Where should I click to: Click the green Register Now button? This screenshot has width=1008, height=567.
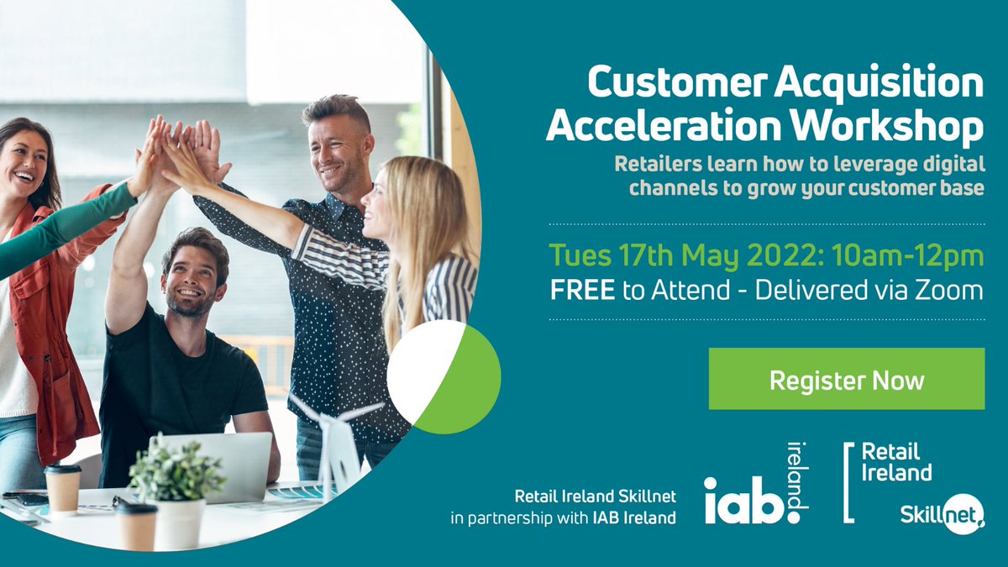846,379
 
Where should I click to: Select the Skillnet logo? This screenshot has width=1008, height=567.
941,511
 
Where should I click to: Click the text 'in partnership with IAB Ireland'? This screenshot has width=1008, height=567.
563,517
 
